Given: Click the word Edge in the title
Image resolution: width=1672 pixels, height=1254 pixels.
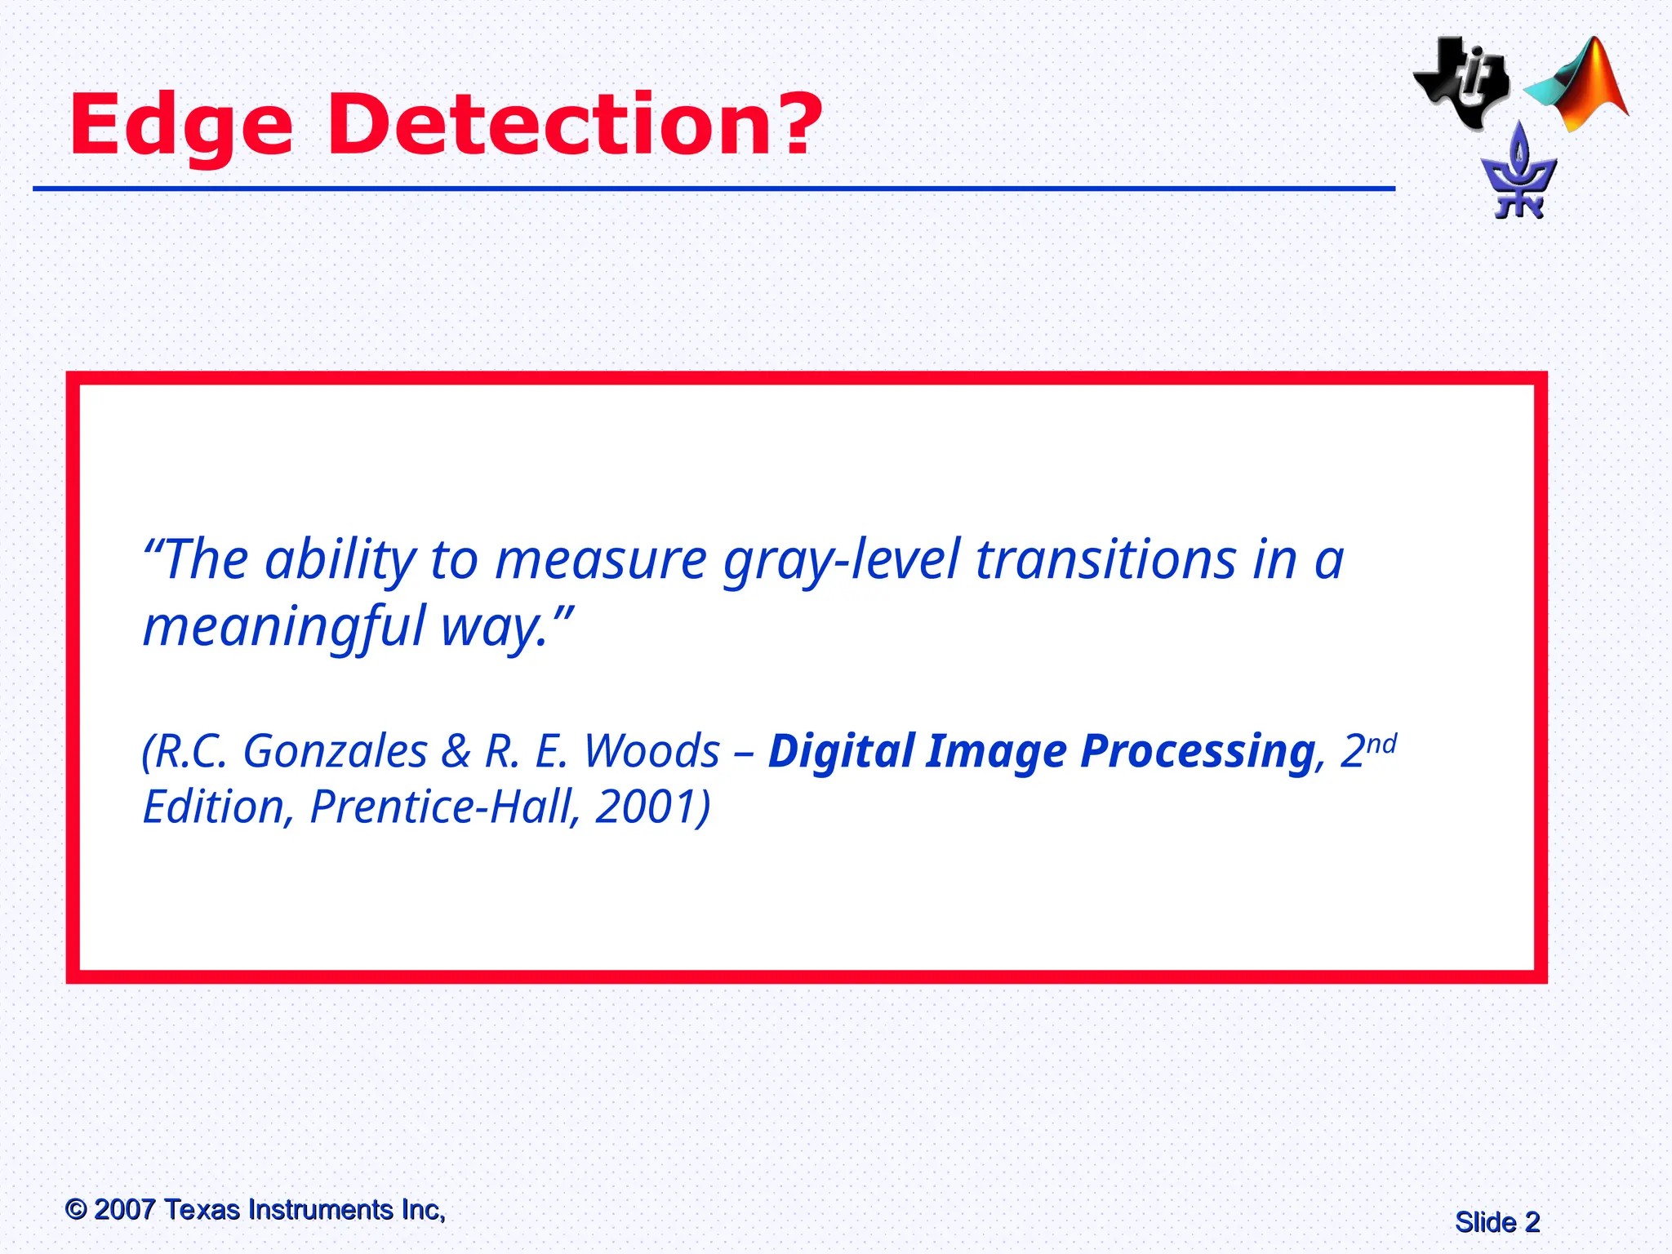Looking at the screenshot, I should [x=181, y=126].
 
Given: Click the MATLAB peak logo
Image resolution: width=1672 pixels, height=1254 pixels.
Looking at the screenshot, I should [x=1580, y=85].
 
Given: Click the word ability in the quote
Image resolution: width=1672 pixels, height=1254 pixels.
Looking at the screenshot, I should [x=340, y=561].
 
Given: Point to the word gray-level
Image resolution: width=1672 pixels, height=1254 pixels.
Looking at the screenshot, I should [x=842, y=561].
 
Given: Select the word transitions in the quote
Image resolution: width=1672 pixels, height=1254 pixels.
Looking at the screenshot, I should [x=1106, y=561].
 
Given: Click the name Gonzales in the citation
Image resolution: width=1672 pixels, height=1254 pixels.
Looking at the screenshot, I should [x=335, y=751].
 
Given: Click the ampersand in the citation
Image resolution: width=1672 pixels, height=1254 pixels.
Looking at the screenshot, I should [x=456, y=751].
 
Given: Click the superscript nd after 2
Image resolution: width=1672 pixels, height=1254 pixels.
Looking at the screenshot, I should [x=1381, y=744].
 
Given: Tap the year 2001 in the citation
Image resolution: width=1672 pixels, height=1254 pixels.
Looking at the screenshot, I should [x=644, y=807].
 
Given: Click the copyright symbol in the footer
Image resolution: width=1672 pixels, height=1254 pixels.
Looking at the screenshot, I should [x=76, y=1209].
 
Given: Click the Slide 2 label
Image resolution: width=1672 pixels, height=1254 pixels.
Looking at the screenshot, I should [x=1496, y=1222].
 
